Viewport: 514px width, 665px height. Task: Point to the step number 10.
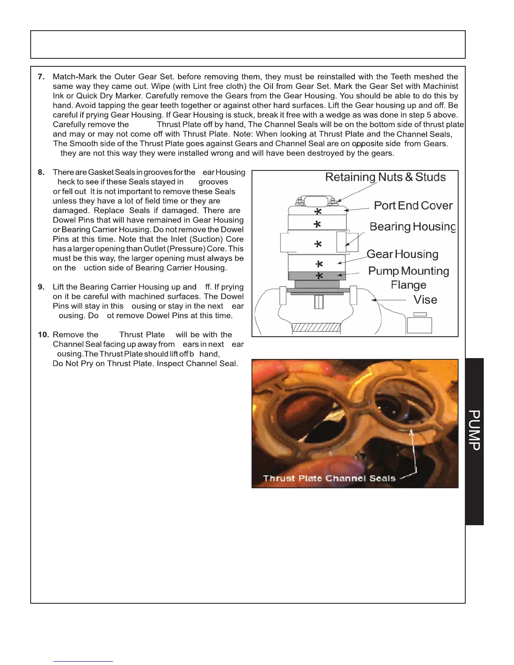click(43, 335)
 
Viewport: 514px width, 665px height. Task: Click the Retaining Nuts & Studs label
click(385, 177)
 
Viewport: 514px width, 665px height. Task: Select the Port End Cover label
click(413, 206)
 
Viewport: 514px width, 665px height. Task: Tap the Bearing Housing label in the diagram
click(412, 227)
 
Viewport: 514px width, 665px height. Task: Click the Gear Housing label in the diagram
click(402, 254)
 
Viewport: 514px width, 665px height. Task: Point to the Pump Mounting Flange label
click(408, 278)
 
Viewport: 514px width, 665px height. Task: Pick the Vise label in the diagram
click(425, 300)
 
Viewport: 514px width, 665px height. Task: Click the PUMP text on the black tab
click(474, 430)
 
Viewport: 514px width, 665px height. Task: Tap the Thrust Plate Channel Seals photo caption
click(329, 478)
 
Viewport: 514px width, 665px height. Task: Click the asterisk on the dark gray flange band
click(319, 276)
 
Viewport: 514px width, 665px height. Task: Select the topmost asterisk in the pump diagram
click(318, 212)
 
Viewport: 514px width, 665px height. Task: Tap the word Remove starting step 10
click(68, 335)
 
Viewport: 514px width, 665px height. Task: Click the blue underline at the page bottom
click(83, 661)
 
